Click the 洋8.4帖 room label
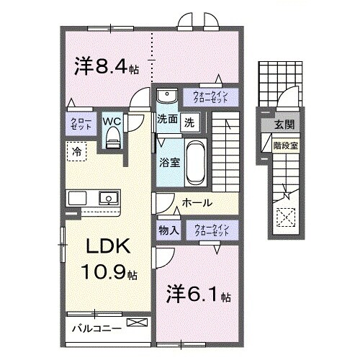[107, 67]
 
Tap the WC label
[112, 122]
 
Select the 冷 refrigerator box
[76, 151]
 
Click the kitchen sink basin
[109, 197]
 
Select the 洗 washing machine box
[189, 121]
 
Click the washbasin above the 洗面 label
[167, 96]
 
